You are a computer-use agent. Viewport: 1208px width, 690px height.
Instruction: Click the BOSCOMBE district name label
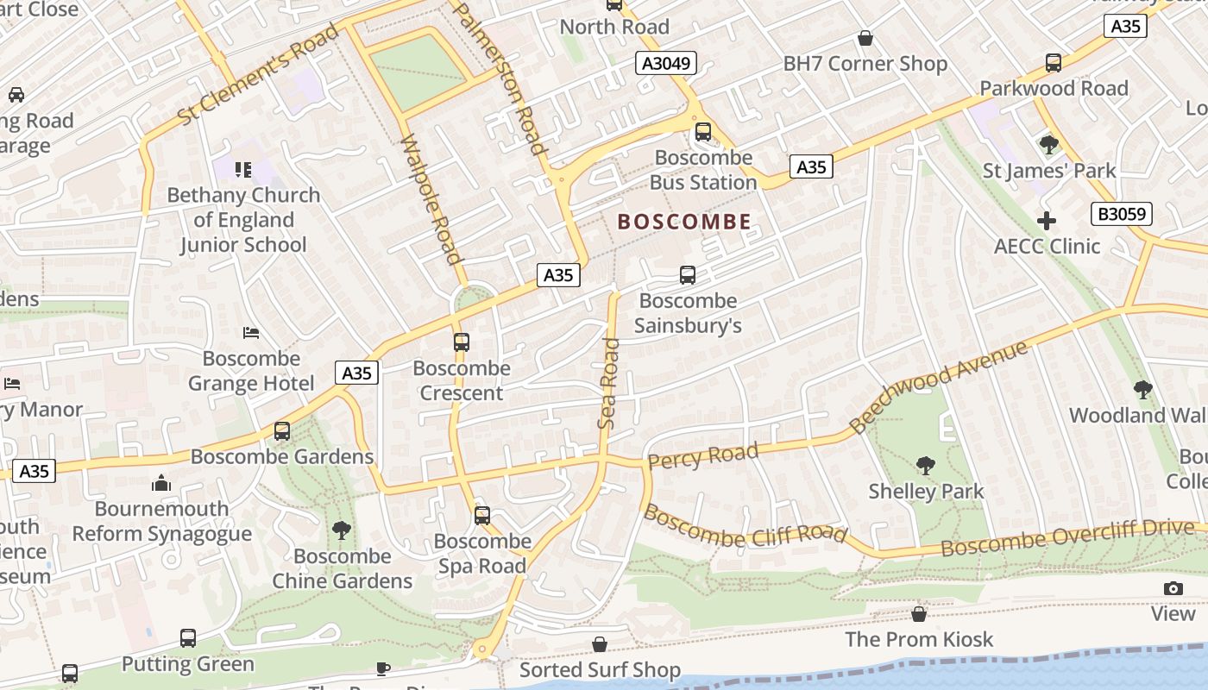pos(684,222)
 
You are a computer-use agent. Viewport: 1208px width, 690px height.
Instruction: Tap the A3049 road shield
pos(666,63)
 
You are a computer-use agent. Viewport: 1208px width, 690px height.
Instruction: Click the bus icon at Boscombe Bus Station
pos(703,132)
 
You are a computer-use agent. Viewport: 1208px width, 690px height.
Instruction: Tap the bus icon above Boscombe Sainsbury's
pos(688,275)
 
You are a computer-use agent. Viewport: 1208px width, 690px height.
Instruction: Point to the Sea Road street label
pos(609,384)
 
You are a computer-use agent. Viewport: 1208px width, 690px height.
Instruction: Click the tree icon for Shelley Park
pos(925,466)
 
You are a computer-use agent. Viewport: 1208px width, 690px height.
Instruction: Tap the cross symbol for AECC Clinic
pos(1047,221)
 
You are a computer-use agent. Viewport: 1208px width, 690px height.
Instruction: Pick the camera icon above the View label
pos(1173,588)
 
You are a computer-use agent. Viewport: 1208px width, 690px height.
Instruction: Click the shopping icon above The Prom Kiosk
pos(919,614)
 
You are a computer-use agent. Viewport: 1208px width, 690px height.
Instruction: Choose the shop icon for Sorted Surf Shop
pos(600,644)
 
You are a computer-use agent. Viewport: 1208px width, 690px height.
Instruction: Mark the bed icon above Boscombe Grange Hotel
pos(251,333)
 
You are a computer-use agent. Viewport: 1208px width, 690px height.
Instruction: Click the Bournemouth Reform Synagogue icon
pos(161,484)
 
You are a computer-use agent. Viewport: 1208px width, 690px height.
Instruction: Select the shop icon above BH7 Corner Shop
pos(865,39)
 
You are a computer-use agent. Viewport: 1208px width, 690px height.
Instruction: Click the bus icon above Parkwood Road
pos(1053,63)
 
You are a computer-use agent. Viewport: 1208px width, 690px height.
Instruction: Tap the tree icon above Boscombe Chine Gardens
pos(342,530)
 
